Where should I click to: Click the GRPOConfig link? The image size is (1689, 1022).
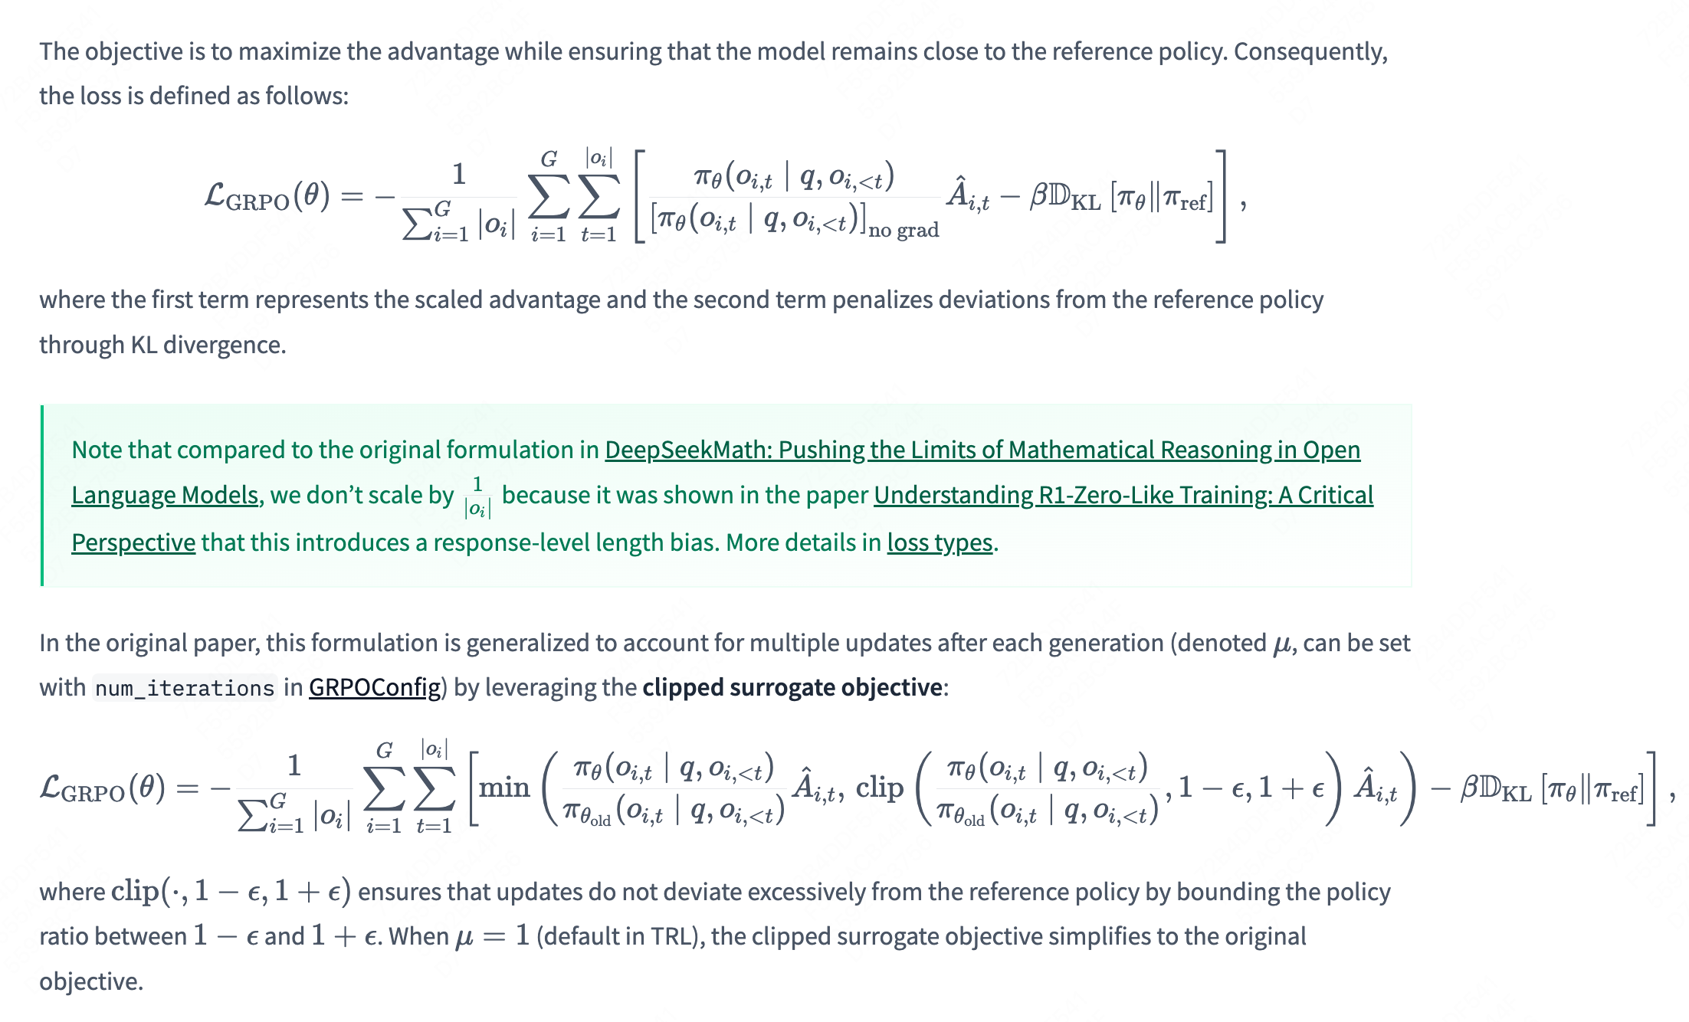coord(375,687)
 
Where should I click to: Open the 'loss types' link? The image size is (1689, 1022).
coord(940,542)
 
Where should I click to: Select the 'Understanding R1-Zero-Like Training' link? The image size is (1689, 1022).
coord(1123,496)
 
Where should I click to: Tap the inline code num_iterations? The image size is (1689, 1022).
coord(184,688)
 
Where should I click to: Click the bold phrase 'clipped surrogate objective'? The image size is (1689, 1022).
coord(792,687)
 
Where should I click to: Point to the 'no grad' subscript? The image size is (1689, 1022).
coord(904,230)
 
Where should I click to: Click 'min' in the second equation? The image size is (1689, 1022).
coord(504,787)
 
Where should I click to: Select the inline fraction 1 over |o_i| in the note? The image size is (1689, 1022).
coord(477,496)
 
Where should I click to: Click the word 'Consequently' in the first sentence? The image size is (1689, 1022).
coord(1310,51)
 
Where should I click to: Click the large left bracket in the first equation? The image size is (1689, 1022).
coord(640,197)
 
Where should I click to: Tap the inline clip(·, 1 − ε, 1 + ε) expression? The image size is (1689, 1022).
coord(231,892)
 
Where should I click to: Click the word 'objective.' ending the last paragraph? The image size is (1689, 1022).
coord(91,981)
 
